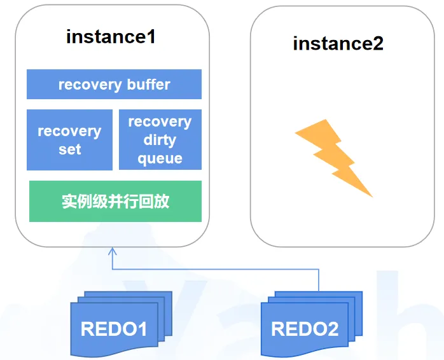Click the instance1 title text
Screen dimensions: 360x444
[111, 36]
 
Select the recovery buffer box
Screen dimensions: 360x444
[114, 85]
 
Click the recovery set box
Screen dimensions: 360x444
[69, 140]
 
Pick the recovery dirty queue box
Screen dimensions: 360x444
[160, 140]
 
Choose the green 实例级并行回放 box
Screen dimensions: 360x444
[115, 201]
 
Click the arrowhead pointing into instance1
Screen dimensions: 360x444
[113, 249]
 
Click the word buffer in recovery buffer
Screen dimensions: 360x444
[148, 85]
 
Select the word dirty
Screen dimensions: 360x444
[160, 140]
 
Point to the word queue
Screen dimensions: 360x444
[160, 158]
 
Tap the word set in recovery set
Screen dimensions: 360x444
[69, 149]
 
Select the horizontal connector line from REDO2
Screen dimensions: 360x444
[216, 269]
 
